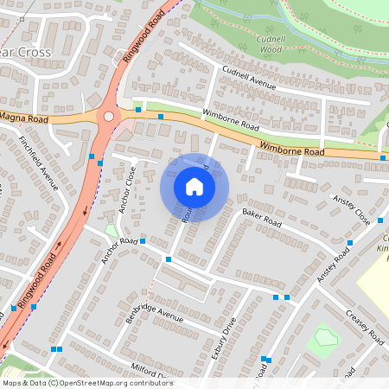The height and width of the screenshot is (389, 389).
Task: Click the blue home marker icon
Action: click(194, 187)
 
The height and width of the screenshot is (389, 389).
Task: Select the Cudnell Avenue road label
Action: click(248, 80)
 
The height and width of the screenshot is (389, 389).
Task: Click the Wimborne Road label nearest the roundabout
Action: click(230, 118)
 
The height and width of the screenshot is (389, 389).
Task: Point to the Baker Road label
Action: click(261, 217)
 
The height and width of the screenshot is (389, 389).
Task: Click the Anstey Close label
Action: click(351, 211)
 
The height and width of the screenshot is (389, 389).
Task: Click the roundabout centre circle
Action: click(108, 116)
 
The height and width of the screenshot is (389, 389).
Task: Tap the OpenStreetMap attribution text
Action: click(86, 383)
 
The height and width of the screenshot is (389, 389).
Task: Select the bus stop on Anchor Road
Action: click(168, 258)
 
